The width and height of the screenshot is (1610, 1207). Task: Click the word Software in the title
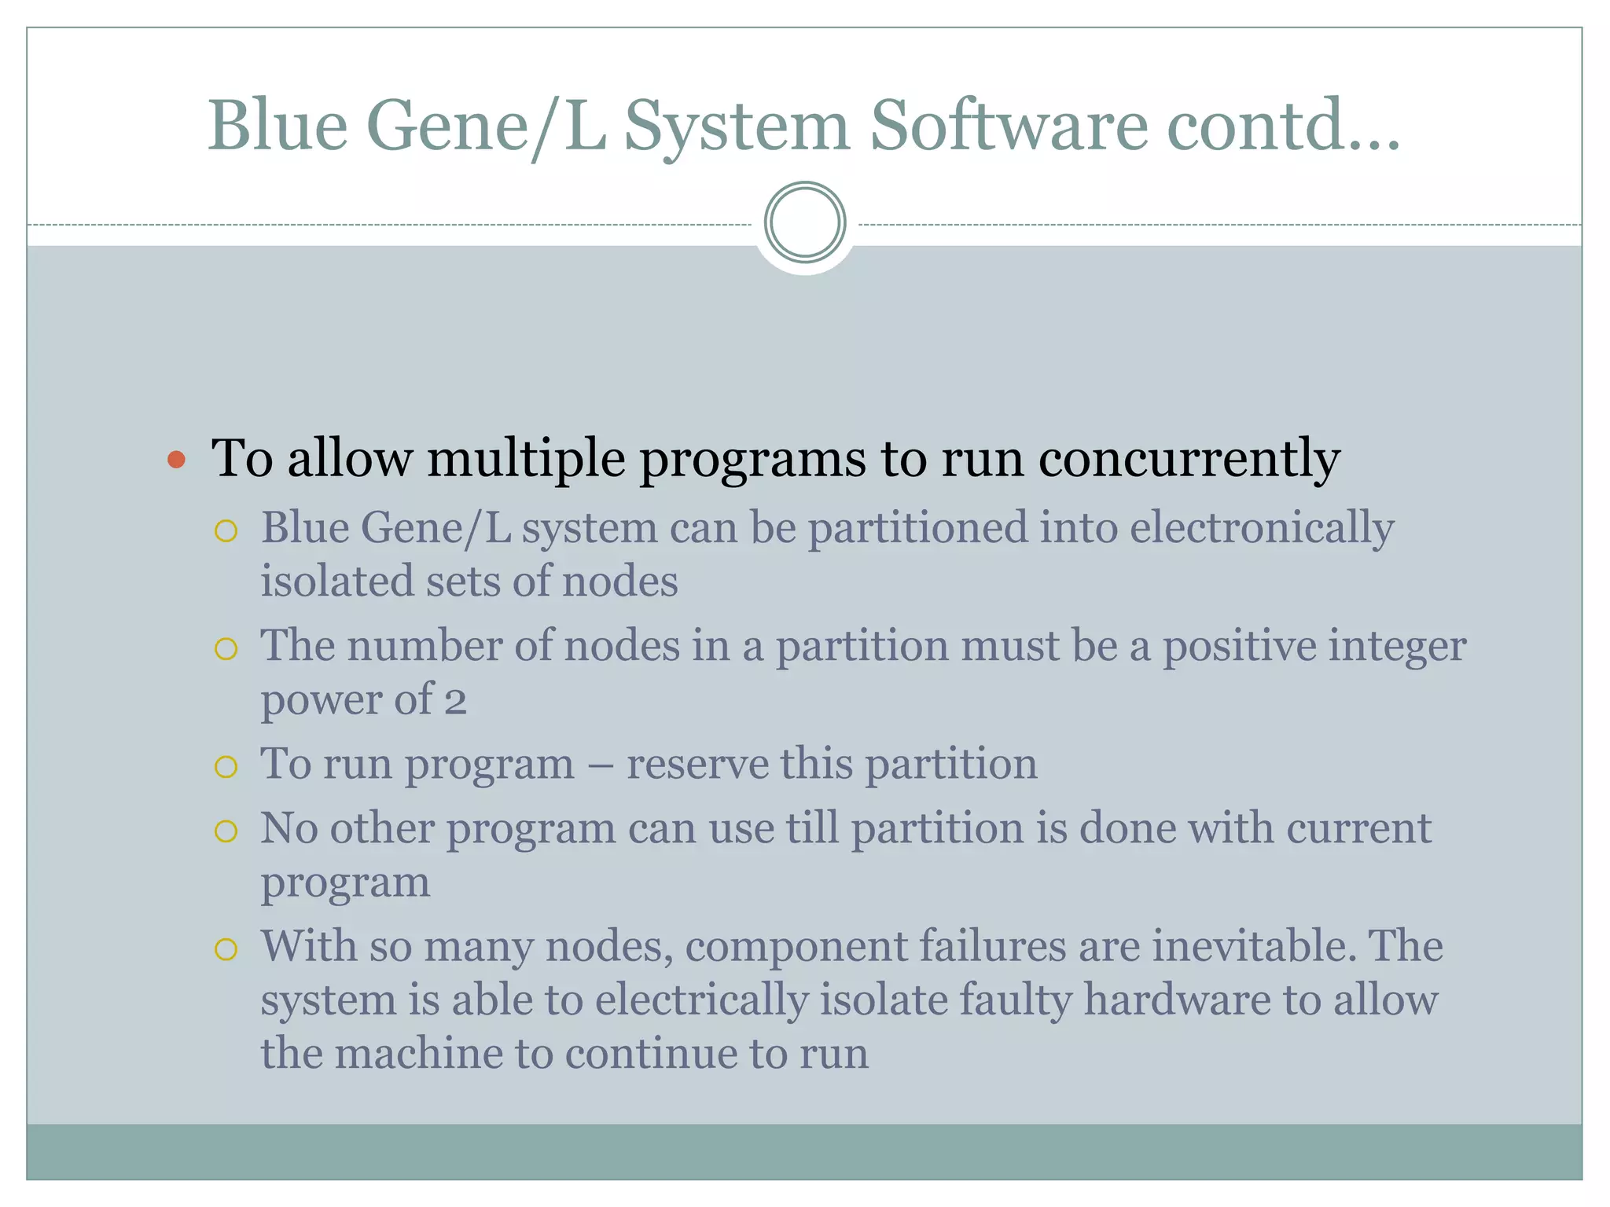click(x=1009, y=126)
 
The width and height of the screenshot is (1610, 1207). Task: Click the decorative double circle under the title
click(x=805, y=222)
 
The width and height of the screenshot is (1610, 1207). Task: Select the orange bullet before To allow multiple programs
click(x=177, y=460)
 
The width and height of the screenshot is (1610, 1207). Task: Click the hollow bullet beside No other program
click(x=226, y=831)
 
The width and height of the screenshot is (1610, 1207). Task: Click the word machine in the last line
click(x=418, y=1055)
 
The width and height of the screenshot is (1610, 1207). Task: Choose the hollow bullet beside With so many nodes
click(x=226, y=949)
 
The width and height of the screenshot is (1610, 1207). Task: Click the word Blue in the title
click(x=278, y=126)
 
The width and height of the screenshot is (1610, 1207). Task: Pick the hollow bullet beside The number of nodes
click(x=226, y=649)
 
